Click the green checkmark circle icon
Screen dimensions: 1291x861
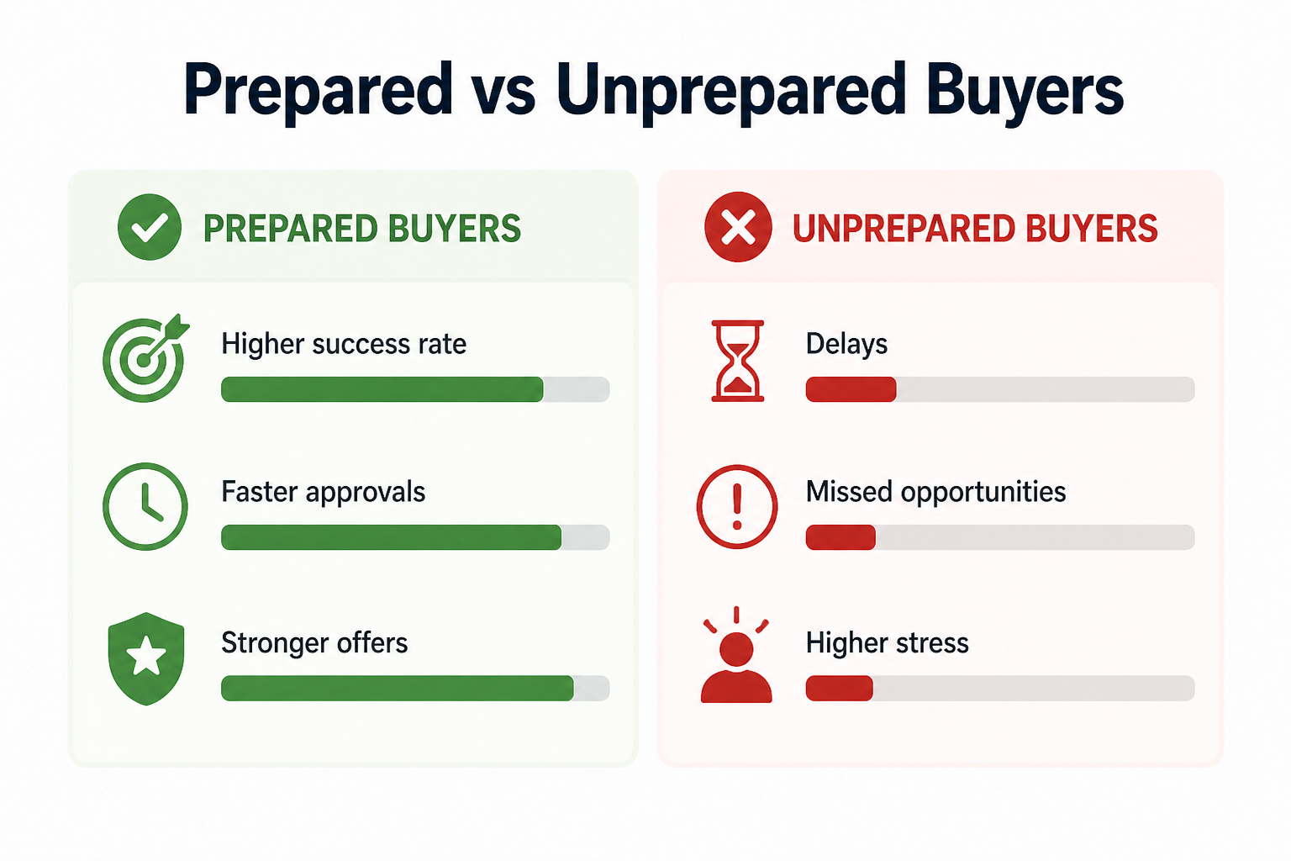(x=150, y=227)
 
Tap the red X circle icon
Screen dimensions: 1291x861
(x=738, y=227)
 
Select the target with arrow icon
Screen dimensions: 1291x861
(x=145, y=358)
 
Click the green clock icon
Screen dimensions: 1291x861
(x=145, y=506)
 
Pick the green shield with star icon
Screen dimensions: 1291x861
(x=145, y=658)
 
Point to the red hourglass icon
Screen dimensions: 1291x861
(x=738, y=361)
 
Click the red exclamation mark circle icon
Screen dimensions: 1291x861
(x=736, y=506)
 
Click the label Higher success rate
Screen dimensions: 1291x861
(x=344, y=344)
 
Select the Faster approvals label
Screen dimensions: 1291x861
(x=324, y=493)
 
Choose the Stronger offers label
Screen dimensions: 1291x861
(x=314, y=642)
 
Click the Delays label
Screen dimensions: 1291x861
(x=846, y=344)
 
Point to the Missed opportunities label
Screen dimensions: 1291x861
(x=935, y=493)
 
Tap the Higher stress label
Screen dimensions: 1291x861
(x=887, y=642)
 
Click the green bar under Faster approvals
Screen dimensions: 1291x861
(x=392, y=537)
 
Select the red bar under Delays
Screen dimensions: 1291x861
(x=851, y=389)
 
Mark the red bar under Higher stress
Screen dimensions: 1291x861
(x=839, y=688)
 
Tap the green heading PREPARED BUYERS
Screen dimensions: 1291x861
(x=362, y=229)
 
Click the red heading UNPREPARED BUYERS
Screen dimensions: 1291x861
(x=975, y=229)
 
